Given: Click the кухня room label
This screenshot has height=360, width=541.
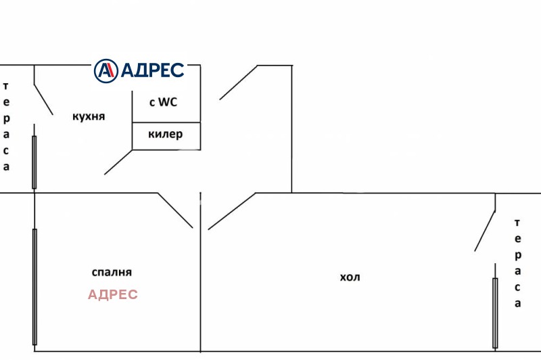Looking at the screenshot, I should coord(89,116).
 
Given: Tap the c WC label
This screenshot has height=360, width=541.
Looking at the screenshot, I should coord(165,102).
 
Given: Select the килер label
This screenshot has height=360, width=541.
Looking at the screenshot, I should coord(165,134).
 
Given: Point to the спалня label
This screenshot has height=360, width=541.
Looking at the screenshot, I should coord(112,272).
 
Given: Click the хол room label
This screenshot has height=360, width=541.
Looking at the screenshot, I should coord(350,277).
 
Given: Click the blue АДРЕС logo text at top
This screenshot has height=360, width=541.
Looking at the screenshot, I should coord(151,70).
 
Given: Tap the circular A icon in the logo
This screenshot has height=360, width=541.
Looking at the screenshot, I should coord(105,70).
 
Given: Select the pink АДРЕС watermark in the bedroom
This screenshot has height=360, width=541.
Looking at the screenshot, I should coord(113,294).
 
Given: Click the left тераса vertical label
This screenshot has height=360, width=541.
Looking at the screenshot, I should coord(7,127).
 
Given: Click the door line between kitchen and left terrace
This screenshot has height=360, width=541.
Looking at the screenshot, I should coord(43,99).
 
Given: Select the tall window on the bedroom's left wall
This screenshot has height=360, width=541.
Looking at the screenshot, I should coord(34,286).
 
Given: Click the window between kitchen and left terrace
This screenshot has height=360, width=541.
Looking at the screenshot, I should coord(34,162).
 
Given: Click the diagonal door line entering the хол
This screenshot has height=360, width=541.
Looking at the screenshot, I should coord(232,210).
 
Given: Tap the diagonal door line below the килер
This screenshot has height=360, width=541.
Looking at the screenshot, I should coord(118,162).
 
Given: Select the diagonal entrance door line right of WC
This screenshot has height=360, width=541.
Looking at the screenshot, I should coord(238,83).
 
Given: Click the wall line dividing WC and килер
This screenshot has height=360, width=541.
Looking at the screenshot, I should coord(166,122).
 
